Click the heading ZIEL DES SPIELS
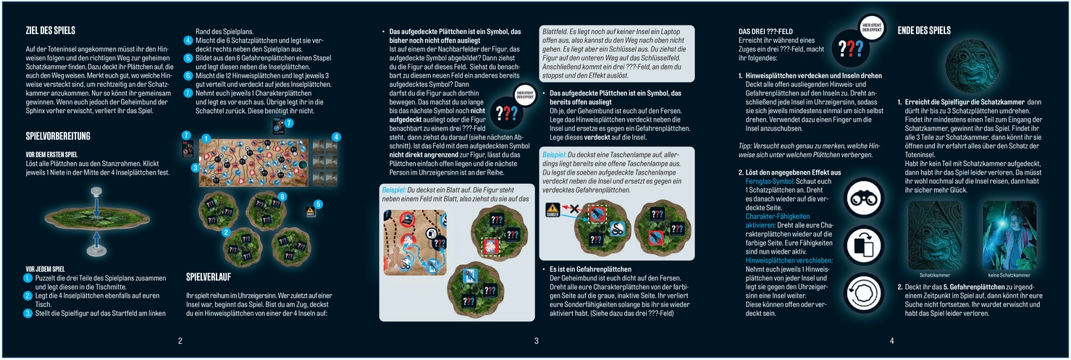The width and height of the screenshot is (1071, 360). (50, 30)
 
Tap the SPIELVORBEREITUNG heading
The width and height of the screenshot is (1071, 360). (57, 136)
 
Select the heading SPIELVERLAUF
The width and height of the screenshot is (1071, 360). (208, 276)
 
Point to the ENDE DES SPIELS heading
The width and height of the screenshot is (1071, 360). (924, 30)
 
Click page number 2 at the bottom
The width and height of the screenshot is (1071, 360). (180, 340)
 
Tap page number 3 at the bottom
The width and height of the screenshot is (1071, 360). (536, 340)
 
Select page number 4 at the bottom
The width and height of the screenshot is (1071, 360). (891, 340)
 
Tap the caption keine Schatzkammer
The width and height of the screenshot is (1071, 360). (1008, 275)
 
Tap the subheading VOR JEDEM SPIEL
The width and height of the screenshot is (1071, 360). (45, 269)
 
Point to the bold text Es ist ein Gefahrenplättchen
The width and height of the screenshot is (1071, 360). (590, 269)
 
